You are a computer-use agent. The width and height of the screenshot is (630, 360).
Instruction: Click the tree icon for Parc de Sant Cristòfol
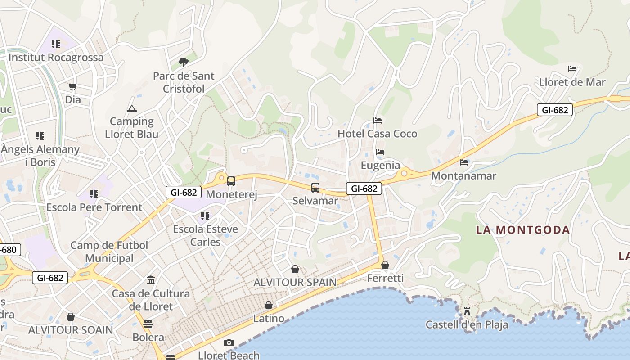(x=183, y=63)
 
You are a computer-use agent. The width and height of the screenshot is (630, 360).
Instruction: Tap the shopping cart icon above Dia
(x=73, y=86)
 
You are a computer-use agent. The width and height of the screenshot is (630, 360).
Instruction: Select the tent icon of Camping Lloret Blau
(x=131, y=108)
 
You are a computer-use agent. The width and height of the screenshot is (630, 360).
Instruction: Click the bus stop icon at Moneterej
(x=231, y=181)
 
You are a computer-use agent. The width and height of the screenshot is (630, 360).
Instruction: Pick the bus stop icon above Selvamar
(x=315, y=188)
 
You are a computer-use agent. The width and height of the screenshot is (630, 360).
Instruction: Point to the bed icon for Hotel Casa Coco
(x=378, y=121)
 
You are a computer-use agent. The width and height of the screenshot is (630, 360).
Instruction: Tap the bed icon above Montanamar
(x=464, y=162)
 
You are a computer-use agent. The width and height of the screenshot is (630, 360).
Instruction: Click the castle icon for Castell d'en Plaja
(x=467, y=311)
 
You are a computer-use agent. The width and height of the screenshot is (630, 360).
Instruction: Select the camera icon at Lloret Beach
(x=229, y=343)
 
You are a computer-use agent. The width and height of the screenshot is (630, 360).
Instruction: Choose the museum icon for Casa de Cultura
(x=151, y=280)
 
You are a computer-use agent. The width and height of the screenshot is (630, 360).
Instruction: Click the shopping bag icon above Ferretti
(x=385, y=265)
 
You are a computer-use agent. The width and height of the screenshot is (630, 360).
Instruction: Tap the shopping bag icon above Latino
(x=269, y=305)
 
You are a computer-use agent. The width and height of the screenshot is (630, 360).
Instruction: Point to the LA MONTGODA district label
(x=523, y=230)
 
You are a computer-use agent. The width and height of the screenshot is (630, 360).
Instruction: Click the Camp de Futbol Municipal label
(x=109, y=252)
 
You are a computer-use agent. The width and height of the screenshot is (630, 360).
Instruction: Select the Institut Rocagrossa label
(x=56, y=58)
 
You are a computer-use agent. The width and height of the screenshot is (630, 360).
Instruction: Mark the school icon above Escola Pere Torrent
(x=94, y=194)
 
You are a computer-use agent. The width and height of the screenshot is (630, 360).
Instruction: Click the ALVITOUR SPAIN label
(x=295, y=282)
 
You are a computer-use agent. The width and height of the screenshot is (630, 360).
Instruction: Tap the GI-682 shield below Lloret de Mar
(x=555, y=110)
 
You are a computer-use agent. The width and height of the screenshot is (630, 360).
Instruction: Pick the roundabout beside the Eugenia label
(x=404, y=173)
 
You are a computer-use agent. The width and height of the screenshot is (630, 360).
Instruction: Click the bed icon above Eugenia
(x=380, y=152)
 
